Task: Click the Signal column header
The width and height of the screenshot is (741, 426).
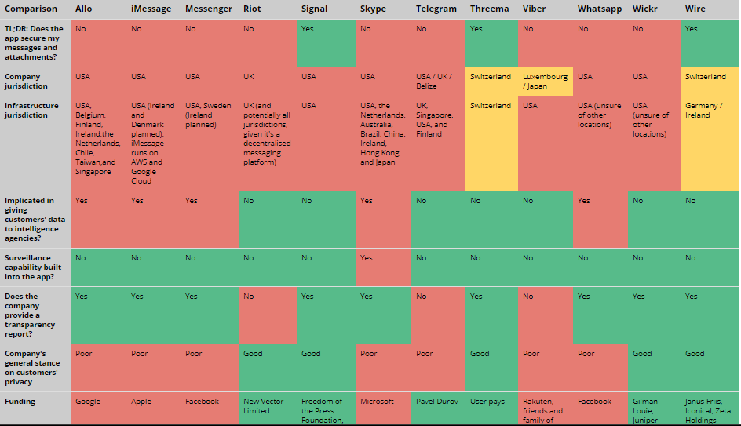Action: (314, 9)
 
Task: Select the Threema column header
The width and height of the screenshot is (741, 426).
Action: (489, 9)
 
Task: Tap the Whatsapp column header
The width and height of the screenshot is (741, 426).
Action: (599, 9)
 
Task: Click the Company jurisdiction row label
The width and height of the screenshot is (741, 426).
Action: (26, 82)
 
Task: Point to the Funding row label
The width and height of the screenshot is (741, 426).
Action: (20, 402)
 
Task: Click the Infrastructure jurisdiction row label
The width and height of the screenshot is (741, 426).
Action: (31, 110)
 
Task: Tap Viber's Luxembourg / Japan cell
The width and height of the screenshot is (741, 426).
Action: (545, 82)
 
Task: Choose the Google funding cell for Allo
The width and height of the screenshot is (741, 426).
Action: (88, 402)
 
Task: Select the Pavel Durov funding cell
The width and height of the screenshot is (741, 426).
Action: (437, 402)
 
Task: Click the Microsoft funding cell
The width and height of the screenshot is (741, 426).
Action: (377, 402)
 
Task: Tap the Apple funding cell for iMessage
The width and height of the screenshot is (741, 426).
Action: (141, 402)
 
